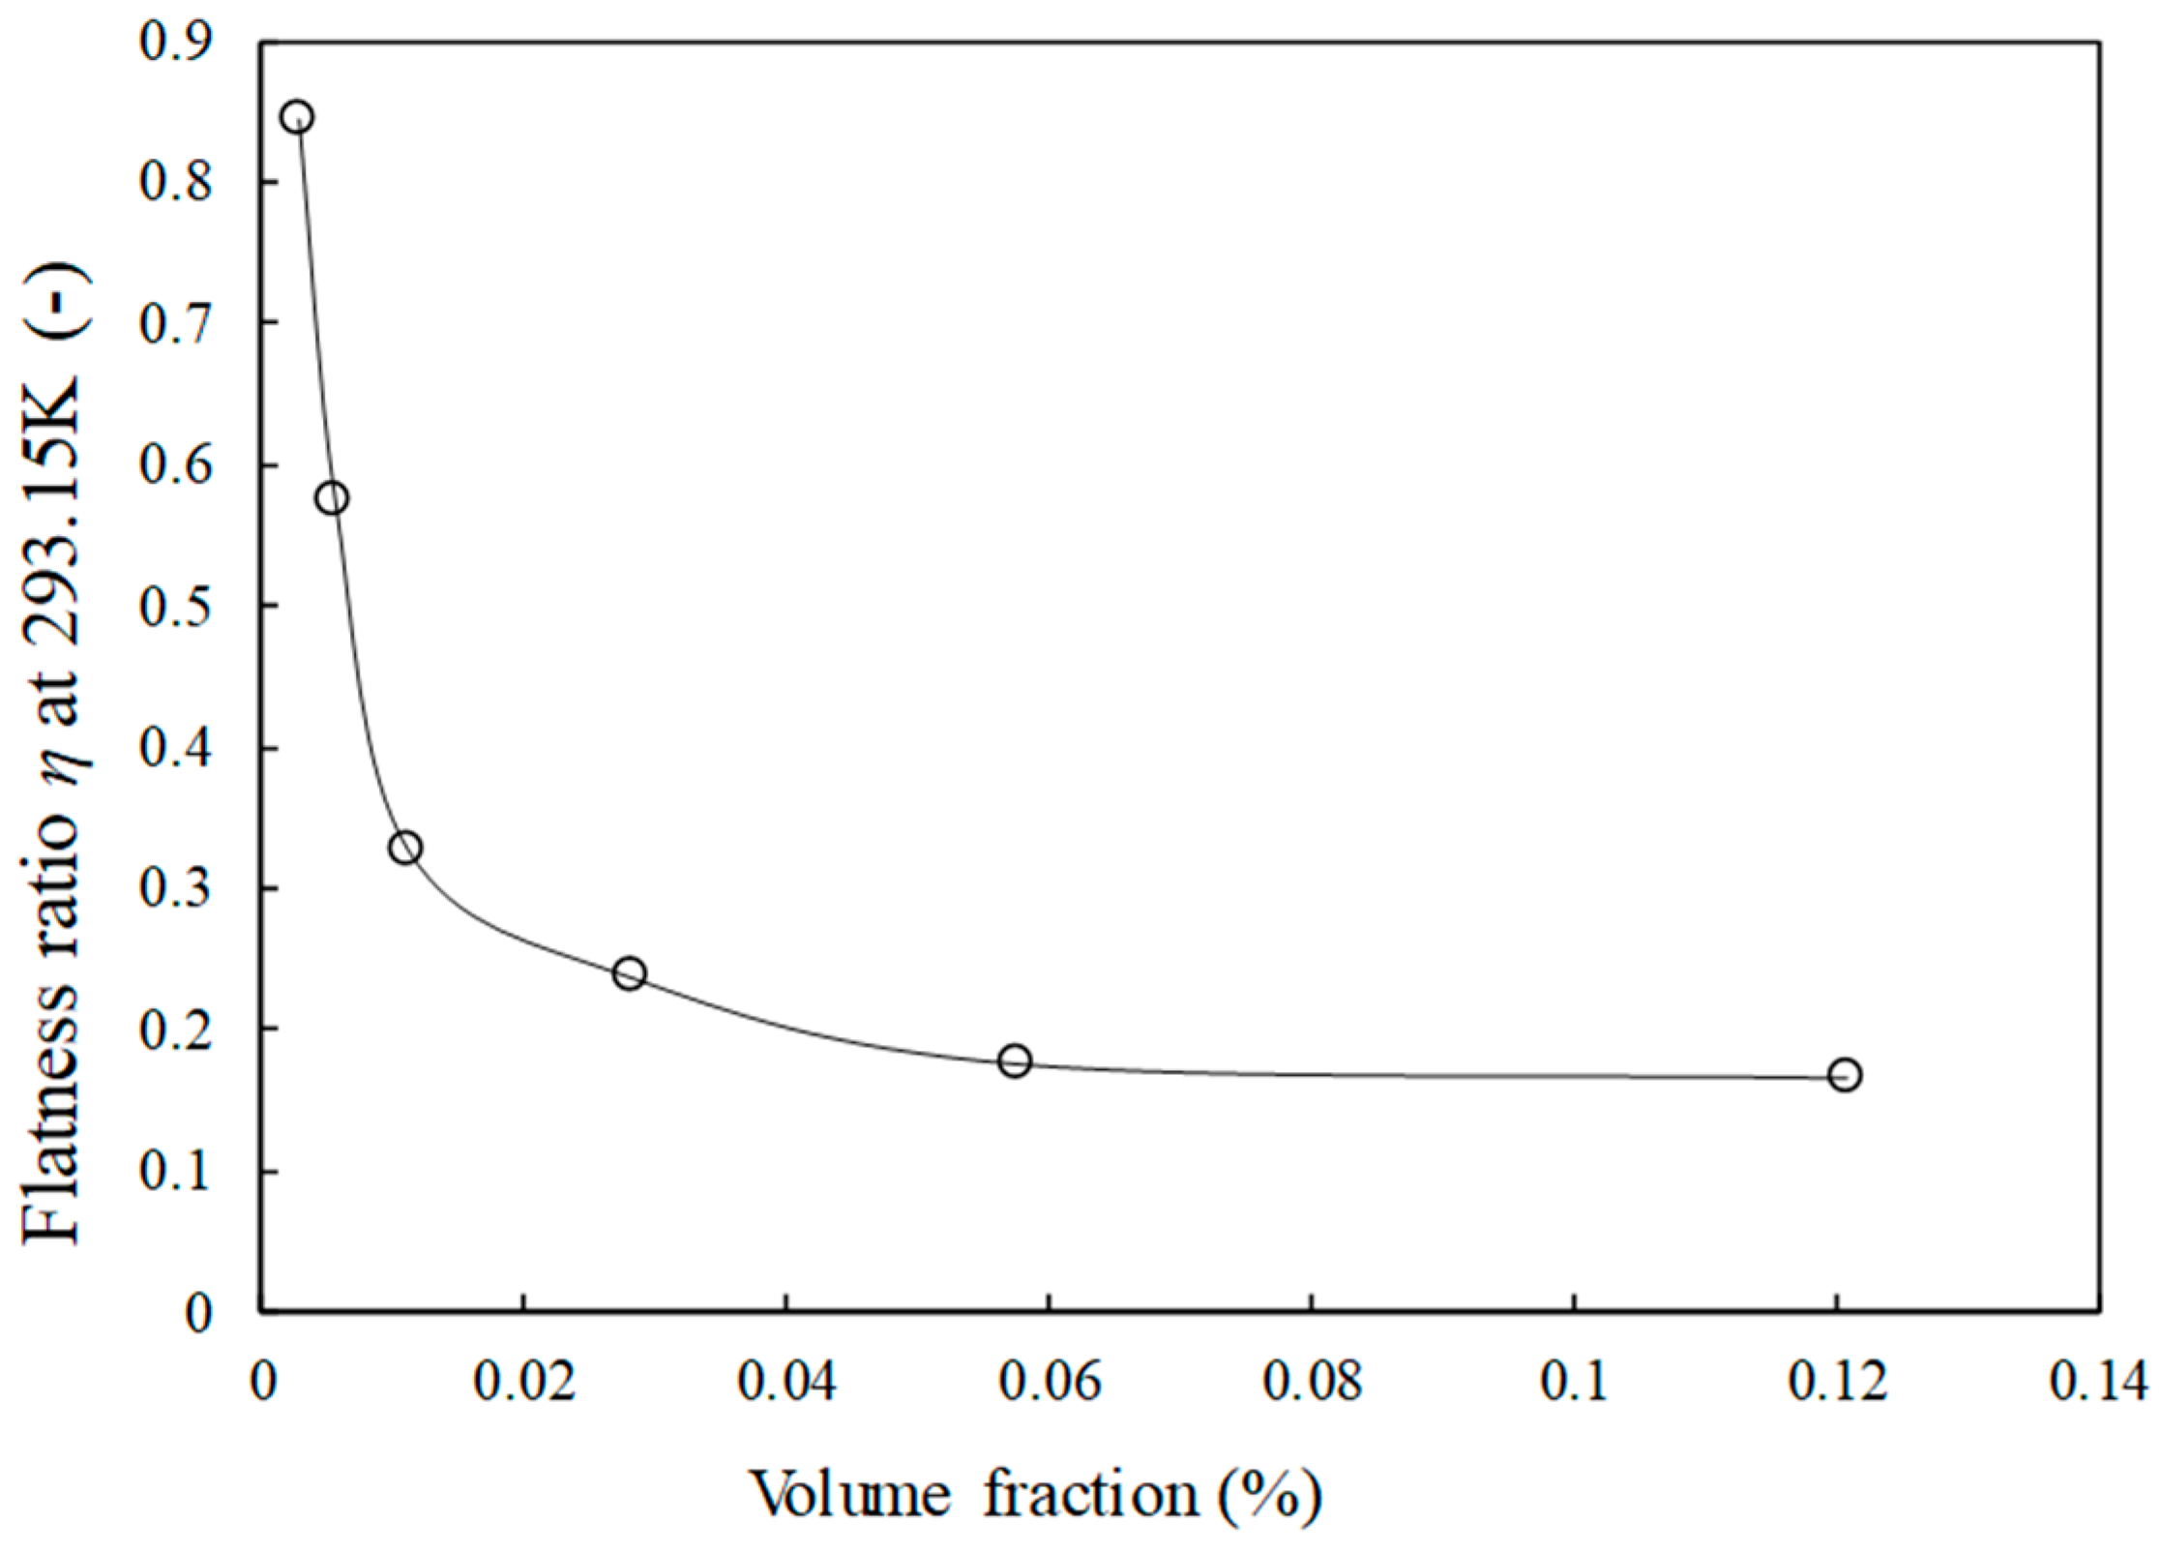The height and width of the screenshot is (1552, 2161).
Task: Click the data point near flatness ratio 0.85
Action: [297, 117]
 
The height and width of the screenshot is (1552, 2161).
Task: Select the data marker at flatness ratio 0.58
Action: [332, 498]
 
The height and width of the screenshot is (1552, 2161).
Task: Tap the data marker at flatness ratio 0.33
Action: [405, 848]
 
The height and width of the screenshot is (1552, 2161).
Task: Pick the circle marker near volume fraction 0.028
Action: [630, 973]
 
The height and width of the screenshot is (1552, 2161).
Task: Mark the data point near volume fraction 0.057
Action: [1015, 1060]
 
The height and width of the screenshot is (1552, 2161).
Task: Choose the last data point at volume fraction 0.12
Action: [1845, 1076]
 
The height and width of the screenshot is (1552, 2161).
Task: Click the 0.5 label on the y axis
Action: [176, 606]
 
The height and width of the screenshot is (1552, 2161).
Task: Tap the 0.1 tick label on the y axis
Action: [176, 1172]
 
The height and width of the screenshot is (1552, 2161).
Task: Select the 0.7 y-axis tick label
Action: [176, 323]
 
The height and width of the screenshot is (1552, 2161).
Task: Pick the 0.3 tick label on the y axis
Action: [176, 889]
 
